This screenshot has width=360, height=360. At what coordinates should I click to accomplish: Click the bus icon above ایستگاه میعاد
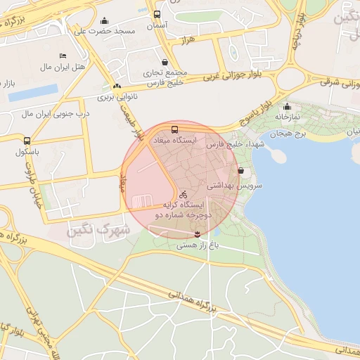174,130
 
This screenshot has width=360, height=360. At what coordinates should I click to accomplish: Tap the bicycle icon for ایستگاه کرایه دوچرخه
183,194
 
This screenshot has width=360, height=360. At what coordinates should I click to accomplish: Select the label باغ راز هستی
198,245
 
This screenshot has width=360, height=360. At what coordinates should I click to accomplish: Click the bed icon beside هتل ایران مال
63,56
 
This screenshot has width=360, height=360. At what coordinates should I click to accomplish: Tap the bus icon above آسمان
156,14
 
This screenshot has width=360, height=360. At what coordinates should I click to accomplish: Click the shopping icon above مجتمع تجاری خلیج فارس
165,62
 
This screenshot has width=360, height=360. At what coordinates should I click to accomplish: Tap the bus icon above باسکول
27,141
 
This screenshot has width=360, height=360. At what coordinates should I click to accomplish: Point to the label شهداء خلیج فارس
221,144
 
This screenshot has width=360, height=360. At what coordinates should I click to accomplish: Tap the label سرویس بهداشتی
234,186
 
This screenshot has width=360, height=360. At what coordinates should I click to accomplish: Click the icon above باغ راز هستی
198,233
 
